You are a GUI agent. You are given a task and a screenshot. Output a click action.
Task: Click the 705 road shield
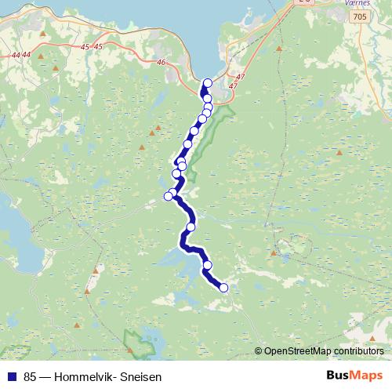point(359,16)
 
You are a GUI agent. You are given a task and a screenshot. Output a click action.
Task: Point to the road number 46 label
point(162,62)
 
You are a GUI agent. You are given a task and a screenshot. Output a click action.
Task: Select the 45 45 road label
point(92,47)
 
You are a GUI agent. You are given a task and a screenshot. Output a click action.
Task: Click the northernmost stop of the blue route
point(208,83)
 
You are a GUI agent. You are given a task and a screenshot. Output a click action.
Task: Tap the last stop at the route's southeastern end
point(223,288)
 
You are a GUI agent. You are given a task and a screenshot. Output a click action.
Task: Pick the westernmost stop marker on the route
point(168,196)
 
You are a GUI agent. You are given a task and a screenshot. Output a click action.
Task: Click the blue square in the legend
point(12,377)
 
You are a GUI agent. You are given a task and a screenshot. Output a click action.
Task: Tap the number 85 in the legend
point(31,377)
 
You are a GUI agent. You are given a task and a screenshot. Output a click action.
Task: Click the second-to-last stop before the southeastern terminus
point(208,265)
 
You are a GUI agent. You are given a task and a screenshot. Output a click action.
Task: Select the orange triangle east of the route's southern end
point(274,252)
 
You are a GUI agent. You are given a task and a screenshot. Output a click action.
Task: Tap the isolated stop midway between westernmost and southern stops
point(191,227)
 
